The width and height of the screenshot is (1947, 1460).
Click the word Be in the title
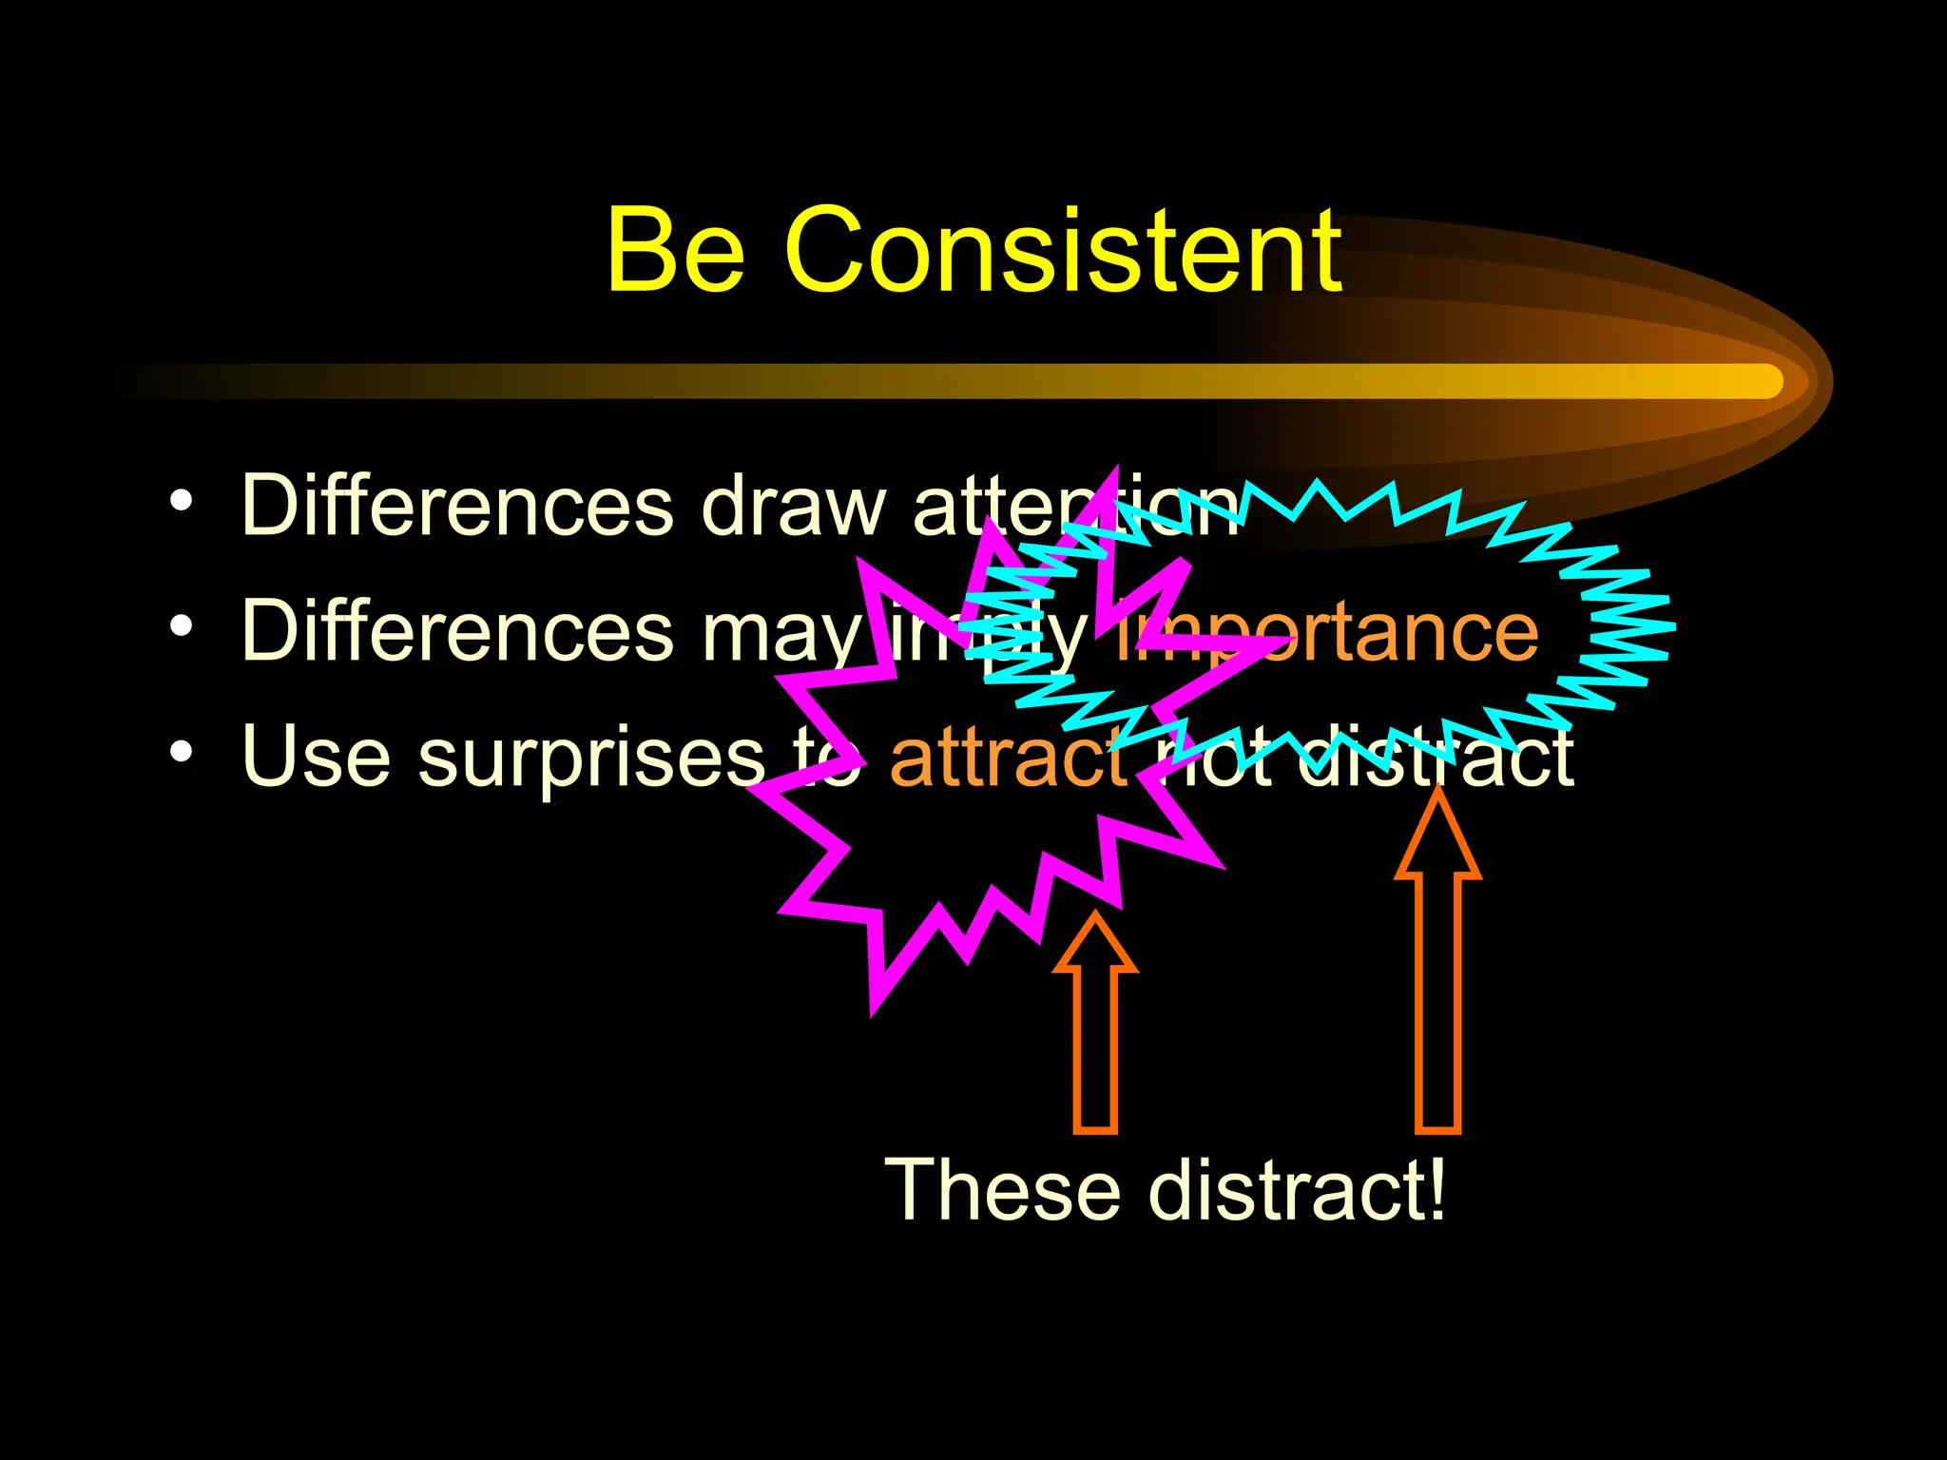point(675,252)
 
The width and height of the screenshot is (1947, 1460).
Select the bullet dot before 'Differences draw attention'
point(182,500)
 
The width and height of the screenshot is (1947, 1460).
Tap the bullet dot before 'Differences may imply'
point(182,626)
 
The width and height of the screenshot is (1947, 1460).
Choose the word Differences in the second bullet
point(456,631)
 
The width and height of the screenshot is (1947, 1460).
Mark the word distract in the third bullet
point(1436,758)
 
